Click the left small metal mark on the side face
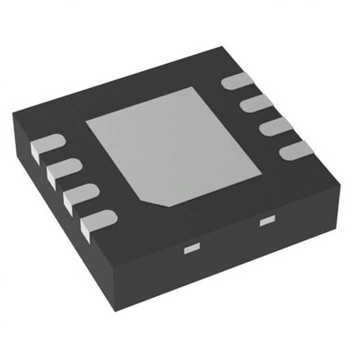point(191,246)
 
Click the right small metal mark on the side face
point(265,219)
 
